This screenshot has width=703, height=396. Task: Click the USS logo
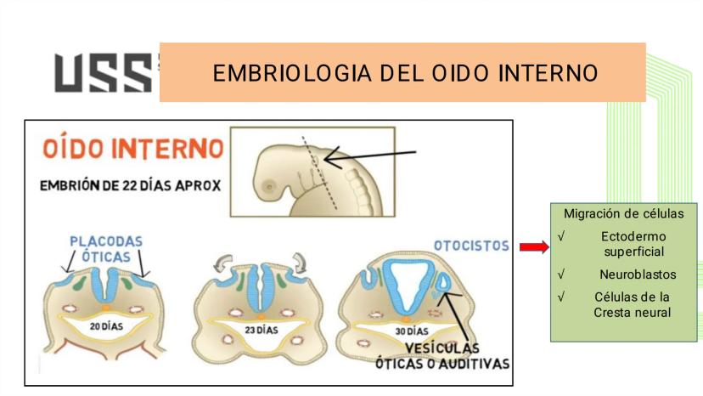point(104,73)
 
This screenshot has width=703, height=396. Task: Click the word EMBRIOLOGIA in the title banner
point(292,74)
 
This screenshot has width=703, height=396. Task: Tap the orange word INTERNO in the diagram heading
point(167,148)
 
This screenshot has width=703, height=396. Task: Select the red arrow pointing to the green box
point(534,247)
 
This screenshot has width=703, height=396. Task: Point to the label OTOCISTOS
point(472,246)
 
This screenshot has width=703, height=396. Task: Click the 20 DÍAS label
point(106,326)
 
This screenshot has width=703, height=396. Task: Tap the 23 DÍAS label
point(262,330)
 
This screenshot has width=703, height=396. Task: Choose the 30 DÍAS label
point(412,331)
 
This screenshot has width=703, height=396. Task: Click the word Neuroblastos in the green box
point(638,274)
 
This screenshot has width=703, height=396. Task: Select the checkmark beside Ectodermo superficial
point(561,236)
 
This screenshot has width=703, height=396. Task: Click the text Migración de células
point(624,213)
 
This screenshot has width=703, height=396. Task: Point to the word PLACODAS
point(106,241)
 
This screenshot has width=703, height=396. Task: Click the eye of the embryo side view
point(269,186)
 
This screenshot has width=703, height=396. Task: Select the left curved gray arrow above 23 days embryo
point(222,263)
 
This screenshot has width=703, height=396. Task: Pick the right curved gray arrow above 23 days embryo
point(299,263)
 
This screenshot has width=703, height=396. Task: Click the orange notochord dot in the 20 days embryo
point(106,308)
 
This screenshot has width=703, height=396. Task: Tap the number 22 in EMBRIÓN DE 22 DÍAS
point(130,185)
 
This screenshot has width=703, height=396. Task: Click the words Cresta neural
point(633,313)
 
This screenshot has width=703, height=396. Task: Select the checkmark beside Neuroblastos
point(561,274)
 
